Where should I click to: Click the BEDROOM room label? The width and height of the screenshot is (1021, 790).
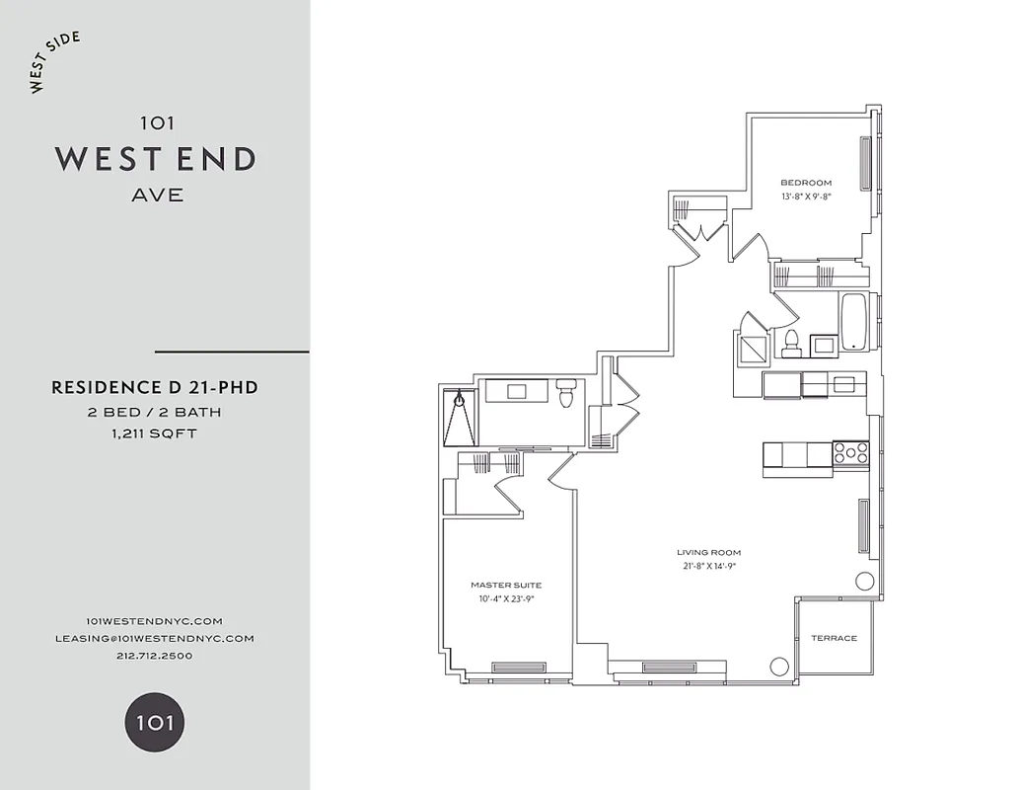(805, 183)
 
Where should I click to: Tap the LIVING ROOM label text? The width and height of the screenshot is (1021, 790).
(708, 553)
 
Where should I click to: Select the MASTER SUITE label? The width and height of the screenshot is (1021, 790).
(505, 585)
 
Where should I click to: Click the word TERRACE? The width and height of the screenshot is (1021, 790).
(834, 638)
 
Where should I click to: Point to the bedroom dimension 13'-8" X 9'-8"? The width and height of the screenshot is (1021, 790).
(805, 197)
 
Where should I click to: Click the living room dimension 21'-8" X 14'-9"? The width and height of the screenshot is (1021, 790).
(708, 566)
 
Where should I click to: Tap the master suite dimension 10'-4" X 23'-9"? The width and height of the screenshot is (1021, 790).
(505, 598)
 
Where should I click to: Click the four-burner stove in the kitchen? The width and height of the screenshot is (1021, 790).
(850, 453)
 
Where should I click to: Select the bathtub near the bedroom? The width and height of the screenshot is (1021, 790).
(852, 322)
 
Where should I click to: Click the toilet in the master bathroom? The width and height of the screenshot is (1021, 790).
(565, 394)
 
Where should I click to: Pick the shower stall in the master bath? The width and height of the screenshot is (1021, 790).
(460, 419)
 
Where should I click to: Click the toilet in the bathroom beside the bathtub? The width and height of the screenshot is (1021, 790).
(790, 343)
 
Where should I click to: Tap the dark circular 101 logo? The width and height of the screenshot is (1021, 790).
(154, 721)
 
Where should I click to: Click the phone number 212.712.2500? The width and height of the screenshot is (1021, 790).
(154, 656)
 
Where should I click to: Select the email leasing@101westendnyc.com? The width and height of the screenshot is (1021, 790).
(154, 638)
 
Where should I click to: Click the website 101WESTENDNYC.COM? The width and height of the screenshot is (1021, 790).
(154, 620)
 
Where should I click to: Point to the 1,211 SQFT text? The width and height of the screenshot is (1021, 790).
(154, 434)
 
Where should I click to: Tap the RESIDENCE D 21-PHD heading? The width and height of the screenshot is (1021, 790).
(154, 388)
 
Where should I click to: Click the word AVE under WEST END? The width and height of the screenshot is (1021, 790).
(157, 196)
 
